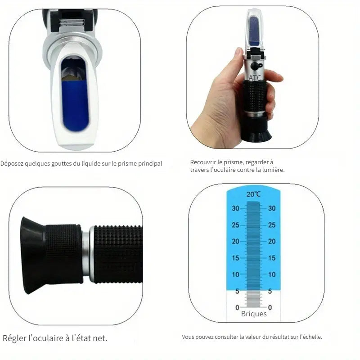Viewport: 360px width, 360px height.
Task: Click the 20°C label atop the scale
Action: [253, 194]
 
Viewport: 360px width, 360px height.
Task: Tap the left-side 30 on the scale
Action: [235, 208]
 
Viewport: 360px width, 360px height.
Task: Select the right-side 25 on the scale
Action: [271, 225]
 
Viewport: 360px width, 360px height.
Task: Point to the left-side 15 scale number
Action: [235, 258]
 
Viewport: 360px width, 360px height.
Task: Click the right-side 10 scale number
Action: [271, 274]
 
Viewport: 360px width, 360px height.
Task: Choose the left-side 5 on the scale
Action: [237, 291]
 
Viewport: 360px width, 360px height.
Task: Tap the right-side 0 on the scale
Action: [270, 307]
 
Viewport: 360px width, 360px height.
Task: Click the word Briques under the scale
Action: [253, 314]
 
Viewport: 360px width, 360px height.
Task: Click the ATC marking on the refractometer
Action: [255, 78]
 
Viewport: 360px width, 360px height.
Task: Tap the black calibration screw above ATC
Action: [256, 66]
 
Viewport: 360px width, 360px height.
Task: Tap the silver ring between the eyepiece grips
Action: [88, 254]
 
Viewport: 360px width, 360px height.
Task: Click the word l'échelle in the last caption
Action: [310, 337]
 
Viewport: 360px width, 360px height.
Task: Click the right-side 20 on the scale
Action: [271, 242]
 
